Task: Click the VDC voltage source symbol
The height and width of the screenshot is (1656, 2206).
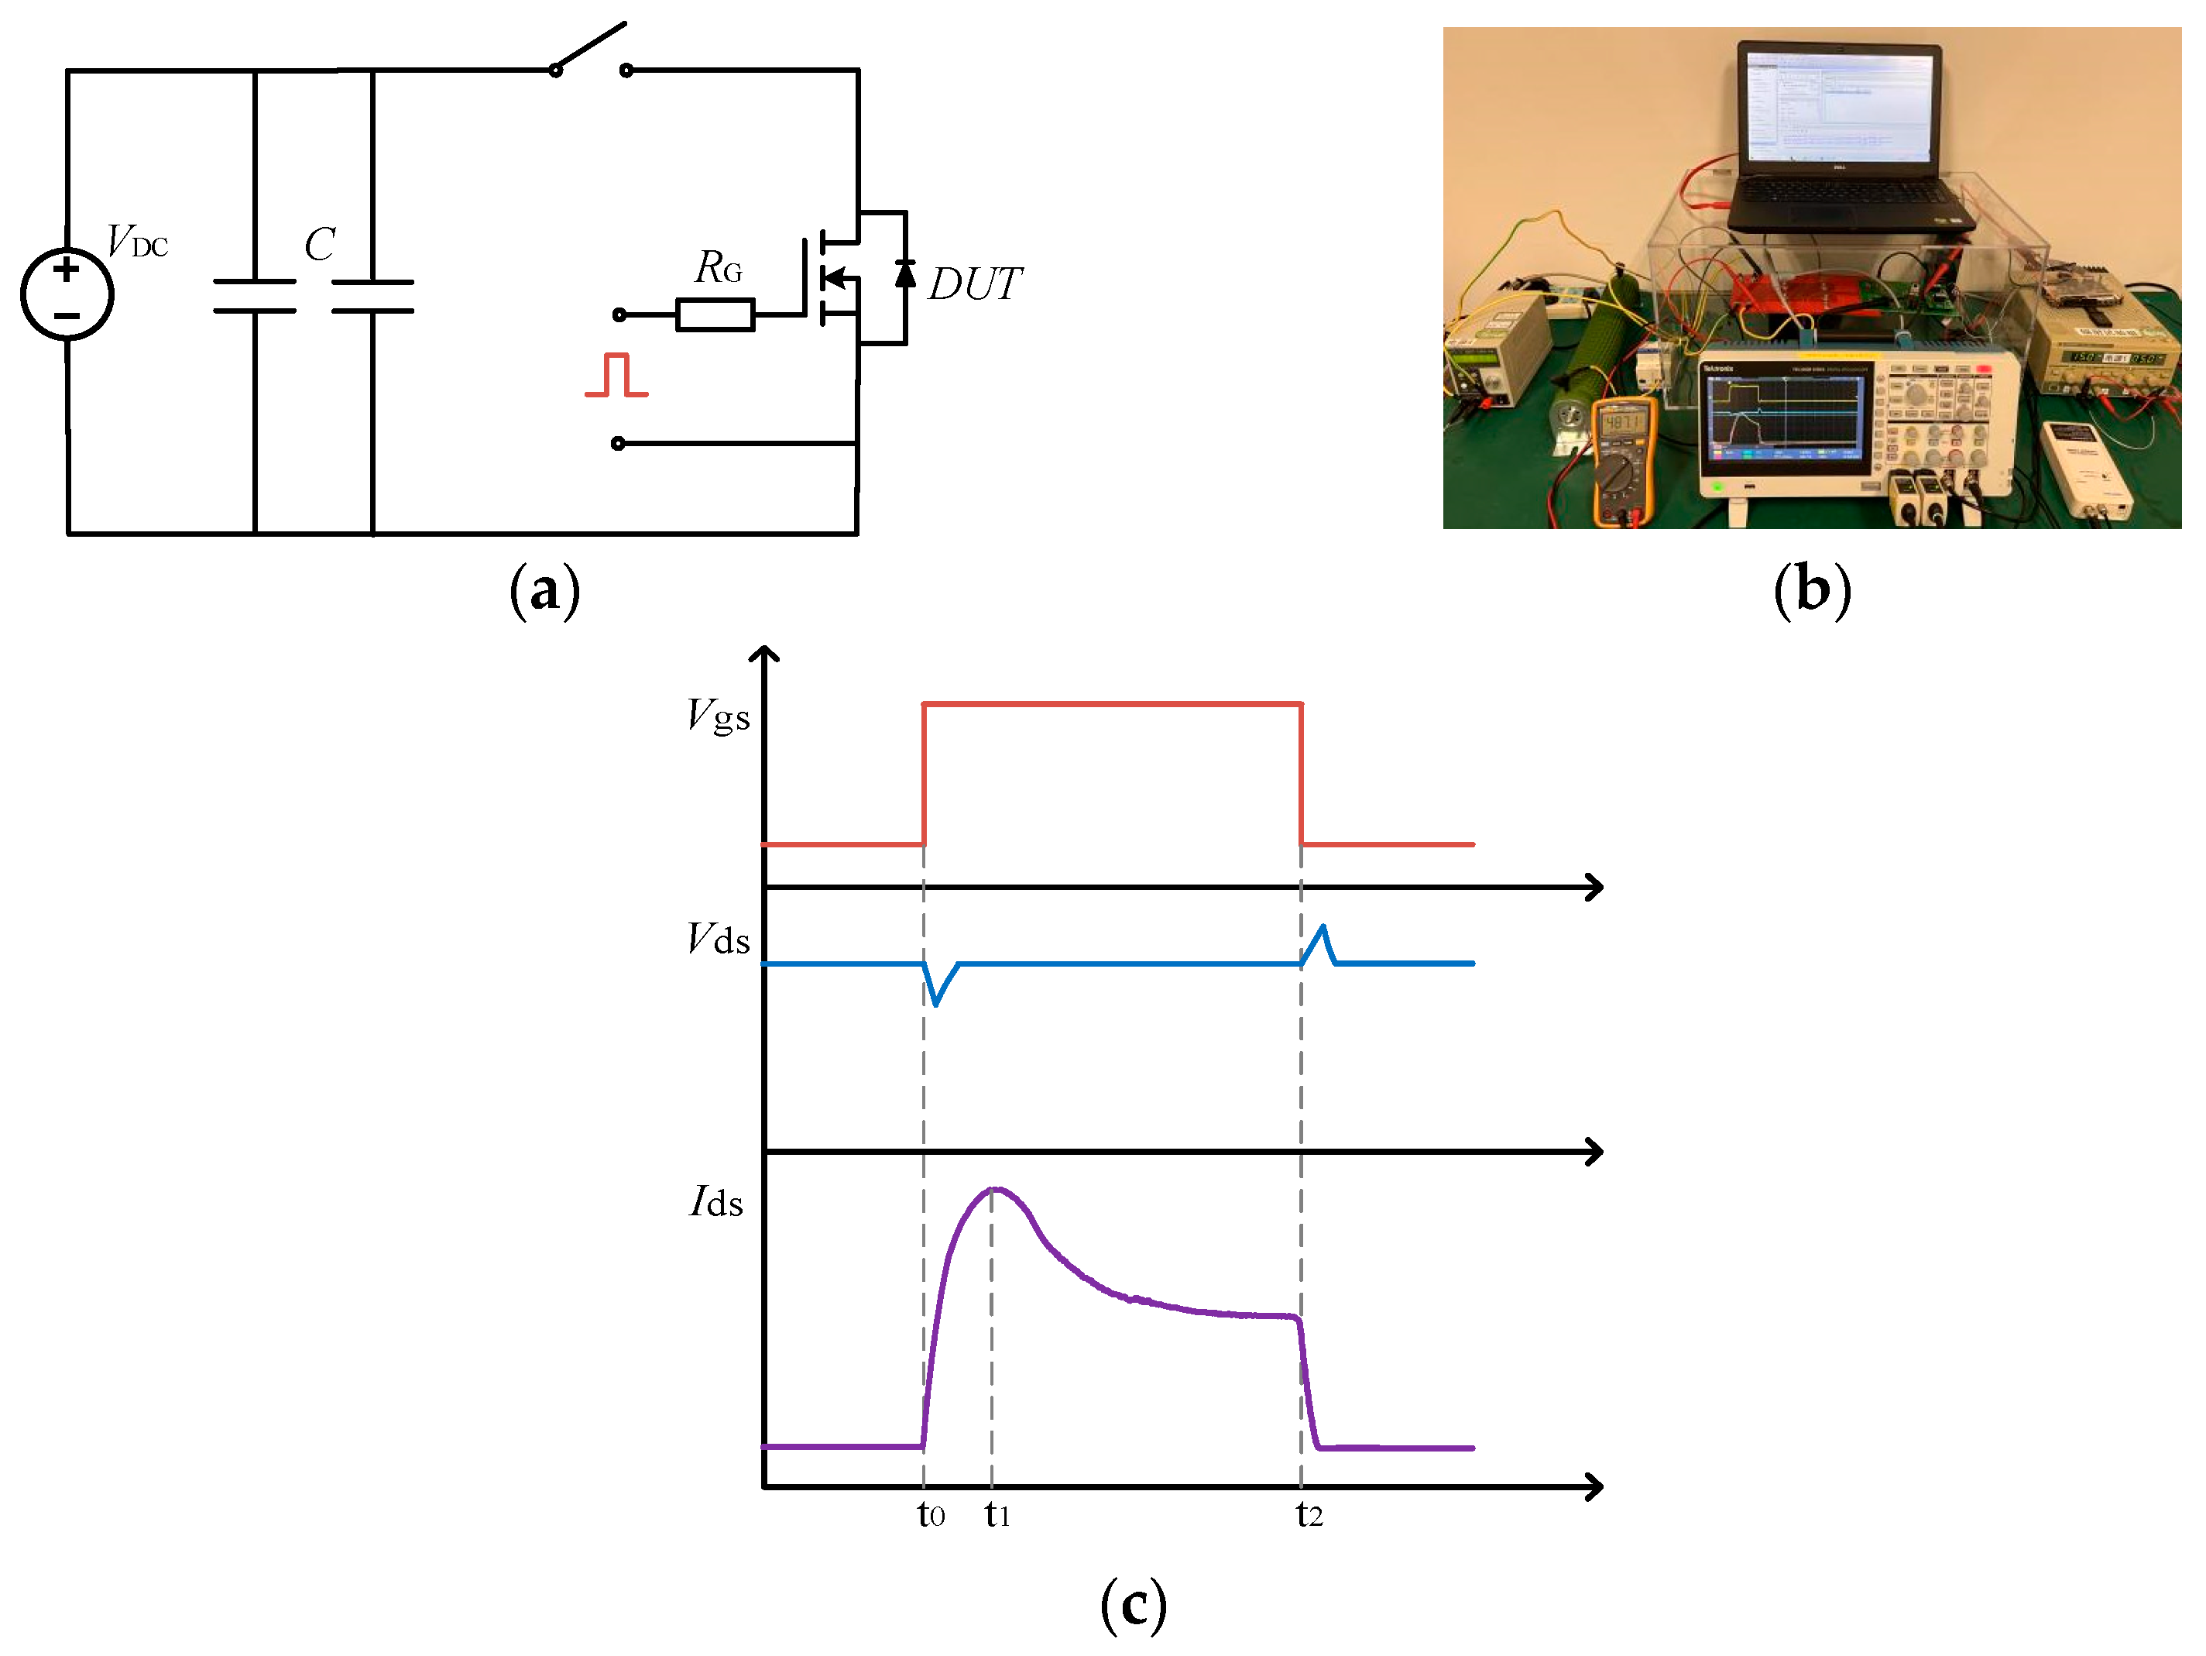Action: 67,294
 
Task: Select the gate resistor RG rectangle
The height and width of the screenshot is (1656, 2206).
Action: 715,314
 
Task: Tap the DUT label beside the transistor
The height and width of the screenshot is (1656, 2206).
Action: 973,284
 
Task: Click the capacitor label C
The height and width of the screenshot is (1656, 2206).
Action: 319,245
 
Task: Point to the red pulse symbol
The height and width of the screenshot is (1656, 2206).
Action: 616,376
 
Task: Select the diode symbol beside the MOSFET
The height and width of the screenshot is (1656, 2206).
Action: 904,273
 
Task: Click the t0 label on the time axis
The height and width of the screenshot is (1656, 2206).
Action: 931,1514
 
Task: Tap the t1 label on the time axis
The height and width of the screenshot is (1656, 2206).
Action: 997,1514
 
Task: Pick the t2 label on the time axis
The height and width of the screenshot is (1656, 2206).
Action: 1309,1514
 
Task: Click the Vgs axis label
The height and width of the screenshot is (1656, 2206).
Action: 718,715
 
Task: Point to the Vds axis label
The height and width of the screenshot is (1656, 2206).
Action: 718,939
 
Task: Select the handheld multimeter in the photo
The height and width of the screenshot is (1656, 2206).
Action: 1623,459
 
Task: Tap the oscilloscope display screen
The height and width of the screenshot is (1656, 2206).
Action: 1783,417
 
